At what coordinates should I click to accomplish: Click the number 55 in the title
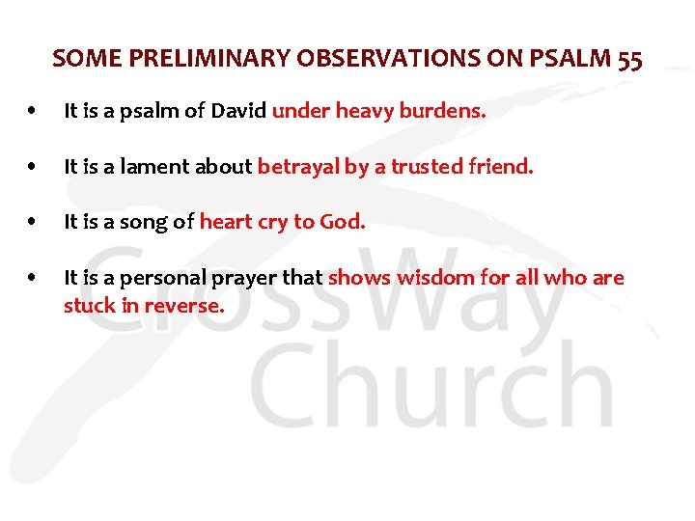click(628, 59)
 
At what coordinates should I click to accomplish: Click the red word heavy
click(360, 112)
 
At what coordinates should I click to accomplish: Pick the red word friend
click(502, 167)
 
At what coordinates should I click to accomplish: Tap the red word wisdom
click(431, 279)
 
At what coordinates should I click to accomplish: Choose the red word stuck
click(85, 307)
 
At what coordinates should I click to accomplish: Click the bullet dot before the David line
click(34, 113)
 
